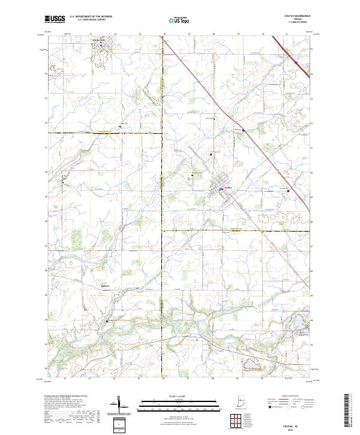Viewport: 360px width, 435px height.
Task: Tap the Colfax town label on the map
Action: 227,190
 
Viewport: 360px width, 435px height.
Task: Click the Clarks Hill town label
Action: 99,41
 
